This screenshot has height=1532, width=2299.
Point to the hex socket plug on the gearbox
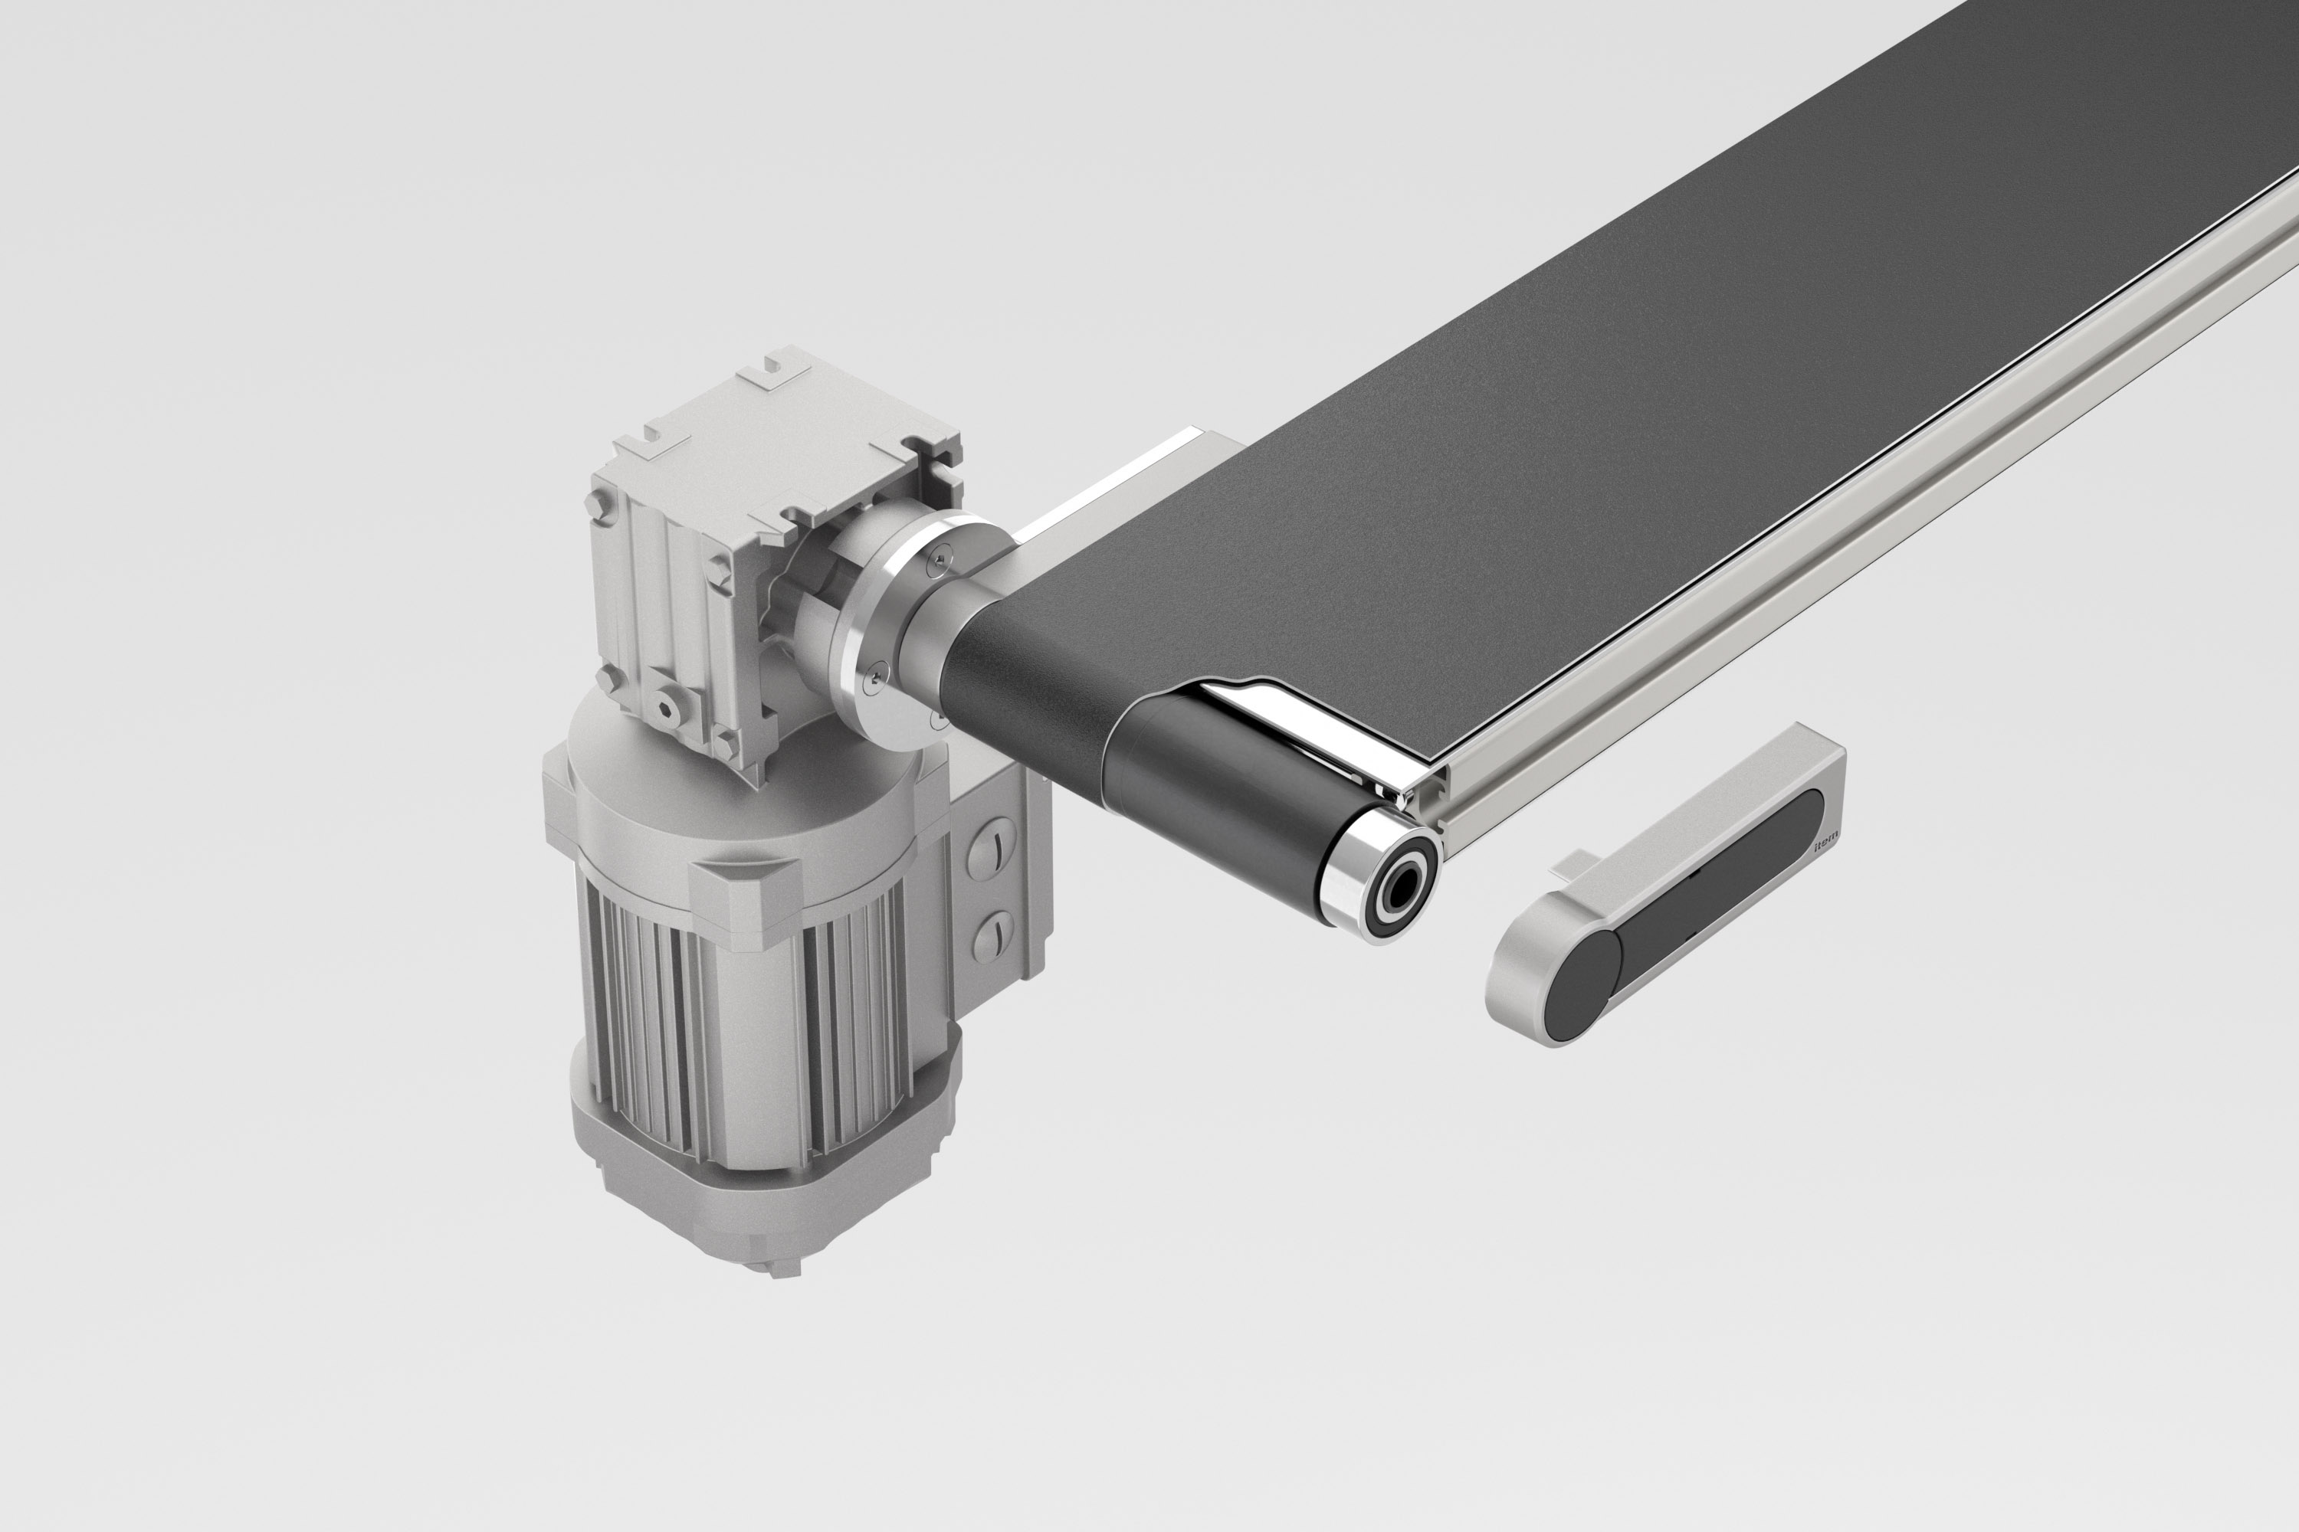tap(671, 705)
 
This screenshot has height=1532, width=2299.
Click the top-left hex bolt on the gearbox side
tap(599, 505)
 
